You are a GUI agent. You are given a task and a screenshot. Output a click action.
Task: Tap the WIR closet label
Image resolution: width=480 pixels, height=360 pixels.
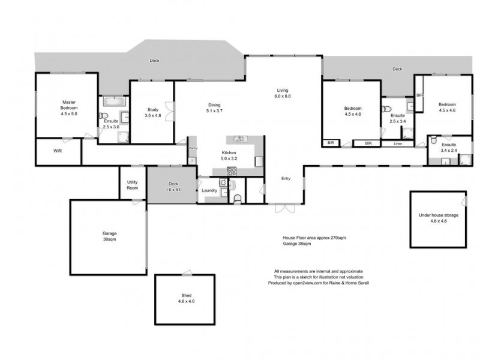(58, 152)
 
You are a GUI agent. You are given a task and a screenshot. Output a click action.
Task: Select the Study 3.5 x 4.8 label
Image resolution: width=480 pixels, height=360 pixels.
(152, 112)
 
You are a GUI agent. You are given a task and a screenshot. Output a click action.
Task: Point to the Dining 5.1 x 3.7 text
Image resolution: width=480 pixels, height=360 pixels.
(214, 107)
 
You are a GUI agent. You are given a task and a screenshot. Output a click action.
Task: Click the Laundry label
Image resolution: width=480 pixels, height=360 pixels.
(209, 190)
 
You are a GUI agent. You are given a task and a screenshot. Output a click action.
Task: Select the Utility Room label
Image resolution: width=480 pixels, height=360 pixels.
(133, 185)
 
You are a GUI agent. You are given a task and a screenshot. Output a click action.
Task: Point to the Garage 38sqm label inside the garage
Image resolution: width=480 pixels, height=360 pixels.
(109, 236)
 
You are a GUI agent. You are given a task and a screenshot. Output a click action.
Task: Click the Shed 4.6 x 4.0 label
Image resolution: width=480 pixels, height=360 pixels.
(185, 298)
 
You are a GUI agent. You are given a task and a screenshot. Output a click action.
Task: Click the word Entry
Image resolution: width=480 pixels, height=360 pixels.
(287, 178)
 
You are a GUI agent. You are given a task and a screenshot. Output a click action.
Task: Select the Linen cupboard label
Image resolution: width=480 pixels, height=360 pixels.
(398, 144)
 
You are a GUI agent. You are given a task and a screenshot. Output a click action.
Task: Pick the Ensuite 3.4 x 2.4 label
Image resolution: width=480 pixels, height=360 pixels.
(449, 148)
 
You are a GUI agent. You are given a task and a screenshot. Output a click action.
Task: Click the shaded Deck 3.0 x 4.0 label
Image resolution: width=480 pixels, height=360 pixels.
(173, 187)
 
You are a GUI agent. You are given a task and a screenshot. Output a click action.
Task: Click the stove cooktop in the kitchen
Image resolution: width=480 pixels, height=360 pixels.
(232, 172)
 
